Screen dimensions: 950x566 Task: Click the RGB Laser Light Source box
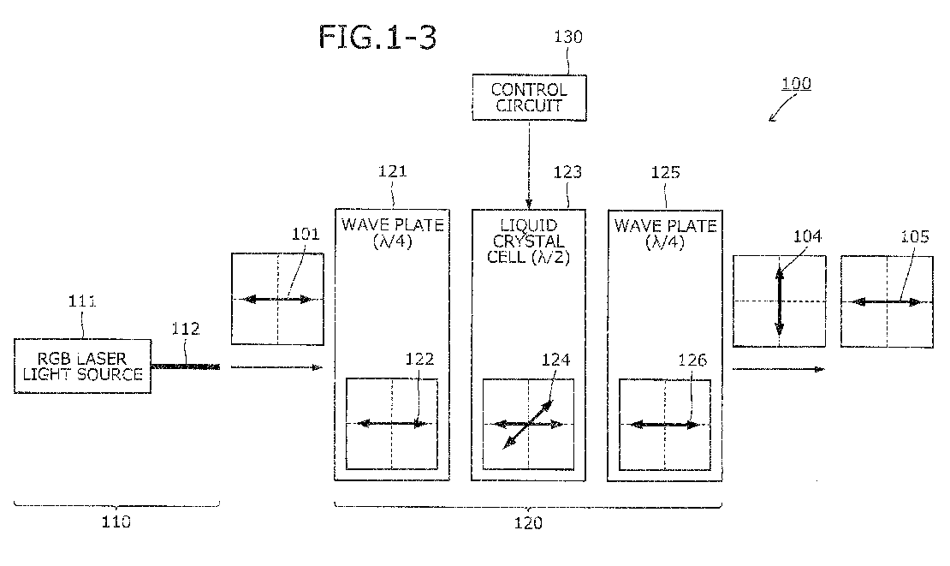(x=82, y=366)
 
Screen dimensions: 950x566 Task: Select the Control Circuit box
(x=529, y=98)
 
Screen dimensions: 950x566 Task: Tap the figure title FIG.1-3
(x=377, y=37)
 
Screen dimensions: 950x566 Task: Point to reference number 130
(x=568, y=37)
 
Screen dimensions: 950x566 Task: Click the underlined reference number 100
(x=796, y=83)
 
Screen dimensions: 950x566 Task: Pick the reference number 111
(x=82, y=301)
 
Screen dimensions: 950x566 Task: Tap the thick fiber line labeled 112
(x=186, y=366)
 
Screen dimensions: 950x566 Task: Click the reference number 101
(x=306, y=234)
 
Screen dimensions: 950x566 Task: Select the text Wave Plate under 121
(x=393, y=225)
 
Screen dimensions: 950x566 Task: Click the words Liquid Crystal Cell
(x=528, y=241)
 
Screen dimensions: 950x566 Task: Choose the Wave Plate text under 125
(x=665, y=226)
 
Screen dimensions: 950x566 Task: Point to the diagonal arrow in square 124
(x=528, y=424)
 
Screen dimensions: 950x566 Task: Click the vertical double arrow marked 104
(x=779, y=301)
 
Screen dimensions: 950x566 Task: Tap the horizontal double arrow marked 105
(x=887, y=301)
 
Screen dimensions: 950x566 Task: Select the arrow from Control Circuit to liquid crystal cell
(x=529, y=164)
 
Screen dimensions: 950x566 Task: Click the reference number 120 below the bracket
(x=528, y=523)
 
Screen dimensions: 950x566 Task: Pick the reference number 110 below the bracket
(x=116, y=521)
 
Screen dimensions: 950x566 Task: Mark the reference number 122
(x=420, y=360)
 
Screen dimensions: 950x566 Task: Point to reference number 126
(x=692, y=360)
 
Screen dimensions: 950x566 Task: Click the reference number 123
(x=567, y=172)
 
